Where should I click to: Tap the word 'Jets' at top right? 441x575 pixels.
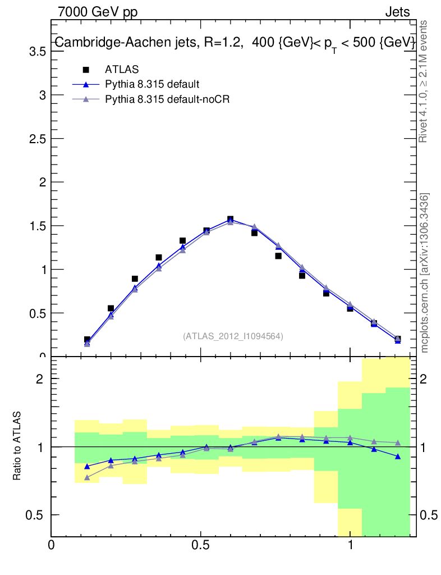[397, 12]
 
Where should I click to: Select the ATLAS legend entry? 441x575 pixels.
[122, 70]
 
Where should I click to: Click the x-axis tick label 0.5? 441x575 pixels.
[201, 545]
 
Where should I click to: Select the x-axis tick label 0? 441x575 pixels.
[52, 545]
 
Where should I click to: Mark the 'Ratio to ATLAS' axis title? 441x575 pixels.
[17, 446]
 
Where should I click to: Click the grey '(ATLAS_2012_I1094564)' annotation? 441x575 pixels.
[232, 336]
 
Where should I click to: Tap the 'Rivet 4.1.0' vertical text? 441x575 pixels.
[424, 81]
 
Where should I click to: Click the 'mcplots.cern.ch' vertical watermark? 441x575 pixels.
[425, 273]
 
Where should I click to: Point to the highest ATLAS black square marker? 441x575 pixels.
[230, 219]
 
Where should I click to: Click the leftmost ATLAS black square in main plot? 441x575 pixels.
[87, 340]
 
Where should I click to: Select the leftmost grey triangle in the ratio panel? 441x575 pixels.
[87, 477]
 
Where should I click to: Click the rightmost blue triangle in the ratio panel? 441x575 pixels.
[398, 457]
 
